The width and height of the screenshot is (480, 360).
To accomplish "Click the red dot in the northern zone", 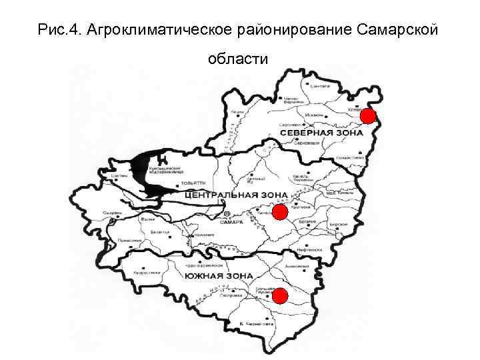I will (x=367, y=117).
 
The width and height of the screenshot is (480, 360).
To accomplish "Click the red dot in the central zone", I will (x=280, y=213).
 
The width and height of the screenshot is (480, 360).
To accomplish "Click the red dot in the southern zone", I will (x=280, y=295).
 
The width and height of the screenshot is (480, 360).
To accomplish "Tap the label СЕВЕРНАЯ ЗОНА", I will (x=322, y=133).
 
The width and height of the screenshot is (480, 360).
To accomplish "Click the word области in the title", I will (x=239, y=59).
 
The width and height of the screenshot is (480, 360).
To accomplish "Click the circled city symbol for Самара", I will (x=227, y=215).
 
